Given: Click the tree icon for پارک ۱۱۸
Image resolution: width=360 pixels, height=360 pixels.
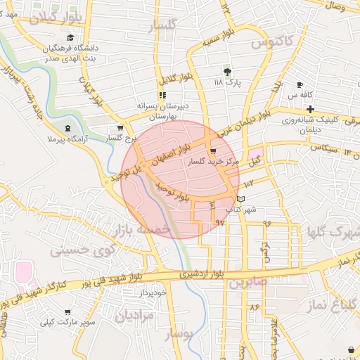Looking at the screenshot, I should pyautogui.click(x=226, y=72).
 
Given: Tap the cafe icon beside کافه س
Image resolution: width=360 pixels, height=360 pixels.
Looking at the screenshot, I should pyautogui.click(x=300, y=84).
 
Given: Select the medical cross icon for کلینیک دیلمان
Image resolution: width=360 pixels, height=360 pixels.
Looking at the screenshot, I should pyautogui.click(x=310, y=109).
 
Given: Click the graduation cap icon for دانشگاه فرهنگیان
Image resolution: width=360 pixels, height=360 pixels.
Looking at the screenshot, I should pyautogui.click(x=69, y=38).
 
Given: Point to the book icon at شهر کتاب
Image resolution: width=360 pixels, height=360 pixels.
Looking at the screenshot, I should pyautogui.click(x=243, y=200).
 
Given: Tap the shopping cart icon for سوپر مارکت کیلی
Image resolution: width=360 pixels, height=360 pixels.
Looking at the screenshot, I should pyautogui.click(x=67, y=312).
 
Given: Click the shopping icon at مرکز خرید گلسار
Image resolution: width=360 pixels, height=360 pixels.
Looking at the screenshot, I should pyautogui.click(x=212, y=151).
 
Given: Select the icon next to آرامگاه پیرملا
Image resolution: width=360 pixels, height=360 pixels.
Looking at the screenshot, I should pyautogui.click(x=67, y=128).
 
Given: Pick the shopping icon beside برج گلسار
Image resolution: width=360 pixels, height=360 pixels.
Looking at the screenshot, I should pyautogui.click(x=120, y=129).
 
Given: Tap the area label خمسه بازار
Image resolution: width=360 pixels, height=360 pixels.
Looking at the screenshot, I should pyautogui.click(x=145, y=230).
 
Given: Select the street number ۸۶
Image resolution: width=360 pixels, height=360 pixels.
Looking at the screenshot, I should pyautogui.click(x=254, y=307).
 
